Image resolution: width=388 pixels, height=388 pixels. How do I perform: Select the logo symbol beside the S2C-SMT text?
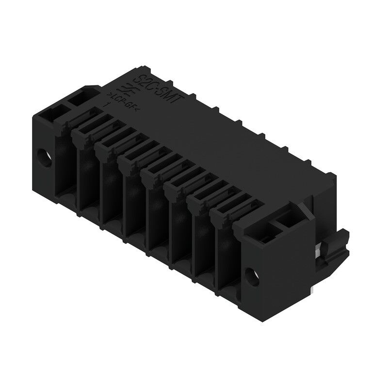click(118, 89)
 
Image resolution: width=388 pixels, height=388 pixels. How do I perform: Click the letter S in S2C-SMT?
click(140, 78)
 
